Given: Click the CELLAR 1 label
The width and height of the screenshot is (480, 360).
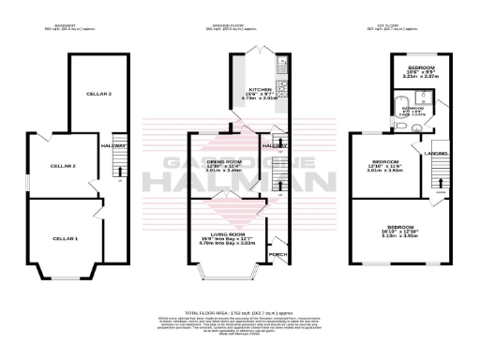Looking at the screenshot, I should [x=65, y=239].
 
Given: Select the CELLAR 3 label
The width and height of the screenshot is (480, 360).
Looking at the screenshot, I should [x=99, y=95].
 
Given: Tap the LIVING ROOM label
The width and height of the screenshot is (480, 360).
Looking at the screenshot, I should [x=229, y=233].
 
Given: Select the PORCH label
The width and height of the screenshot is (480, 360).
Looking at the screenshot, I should [x=278, y=253].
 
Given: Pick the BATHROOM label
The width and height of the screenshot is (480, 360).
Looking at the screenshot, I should [x=412, y=109].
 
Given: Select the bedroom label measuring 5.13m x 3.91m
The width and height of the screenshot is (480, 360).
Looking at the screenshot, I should [x=401, y=227].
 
